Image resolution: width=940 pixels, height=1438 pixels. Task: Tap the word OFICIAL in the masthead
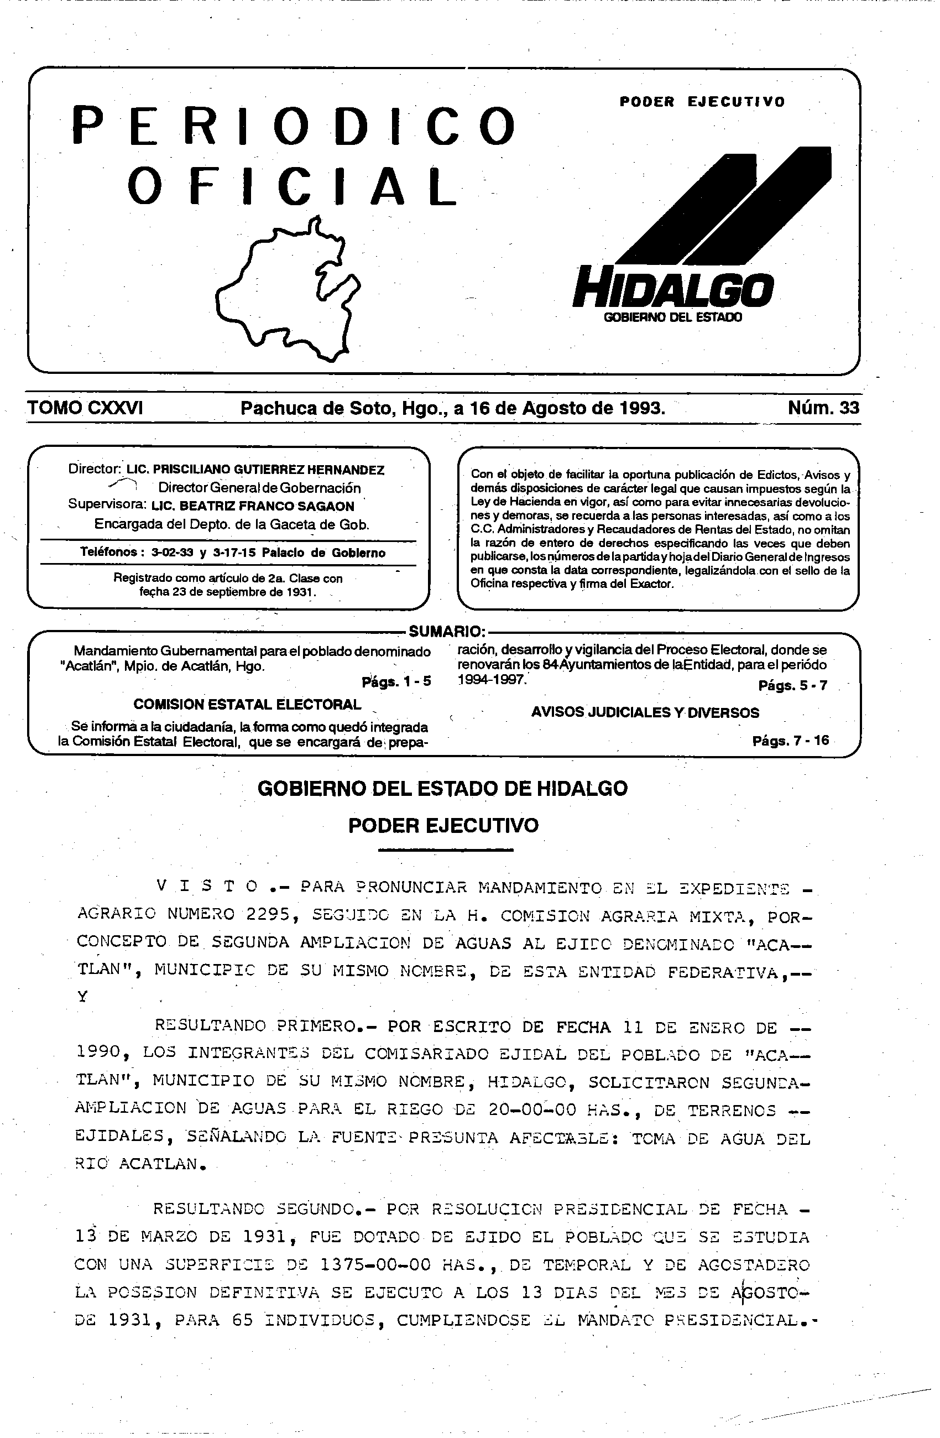point(293,186)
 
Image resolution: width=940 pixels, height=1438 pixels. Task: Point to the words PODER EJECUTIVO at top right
point(702,102)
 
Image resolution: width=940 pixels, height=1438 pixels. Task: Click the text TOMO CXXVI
point(85,408)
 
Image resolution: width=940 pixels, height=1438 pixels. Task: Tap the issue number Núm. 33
point(823,408)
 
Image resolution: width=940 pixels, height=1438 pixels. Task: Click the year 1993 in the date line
point(641,408)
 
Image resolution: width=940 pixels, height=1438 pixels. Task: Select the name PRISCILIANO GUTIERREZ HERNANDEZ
point(268,470)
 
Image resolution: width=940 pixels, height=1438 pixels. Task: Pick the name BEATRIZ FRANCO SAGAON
point(253,506)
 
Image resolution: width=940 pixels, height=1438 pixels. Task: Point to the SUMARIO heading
point(447,632)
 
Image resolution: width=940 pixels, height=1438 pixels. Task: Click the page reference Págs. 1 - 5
point(396,681)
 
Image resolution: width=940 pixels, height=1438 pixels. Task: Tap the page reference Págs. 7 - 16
point(790,740)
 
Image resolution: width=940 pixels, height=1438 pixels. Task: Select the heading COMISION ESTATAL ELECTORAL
point(247,704)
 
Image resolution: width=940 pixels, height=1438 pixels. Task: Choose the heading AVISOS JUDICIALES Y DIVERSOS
point(645,712)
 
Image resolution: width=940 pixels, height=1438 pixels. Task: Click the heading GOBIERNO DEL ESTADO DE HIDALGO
point(442,789)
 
